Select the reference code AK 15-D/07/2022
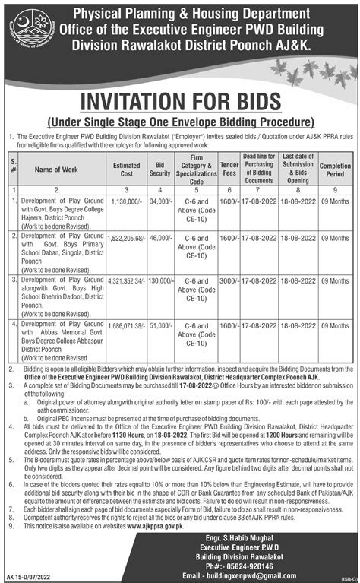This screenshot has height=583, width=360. coord(31,576)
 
